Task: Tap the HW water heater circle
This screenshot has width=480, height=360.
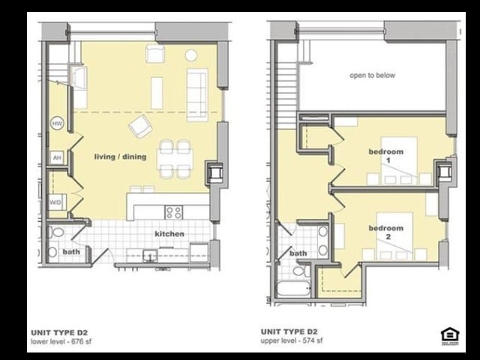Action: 57,123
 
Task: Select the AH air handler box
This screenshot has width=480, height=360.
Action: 56,157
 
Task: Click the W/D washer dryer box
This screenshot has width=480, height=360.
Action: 55,202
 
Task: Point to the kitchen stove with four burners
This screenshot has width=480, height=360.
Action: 174,211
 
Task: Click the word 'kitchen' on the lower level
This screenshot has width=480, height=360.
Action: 169,234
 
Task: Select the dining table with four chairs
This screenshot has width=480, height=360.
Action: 174,158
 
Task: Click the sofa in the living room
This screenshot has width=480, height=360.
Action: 197,94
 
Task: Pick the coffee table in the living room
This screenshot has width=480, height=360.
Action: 157,93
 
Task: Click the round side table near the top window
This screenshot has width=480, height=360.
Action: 191,55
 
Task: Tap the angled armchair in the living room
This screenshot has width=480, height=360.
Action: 140,126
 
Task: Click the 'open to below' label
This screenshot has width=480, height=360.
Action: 372,76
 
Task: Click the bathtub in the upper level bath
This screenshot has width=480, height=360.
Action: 293,288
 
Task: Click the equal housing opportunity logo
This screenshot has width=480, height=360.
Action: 449,334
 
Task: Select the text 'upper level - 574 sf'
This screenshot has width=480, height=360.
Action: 292,340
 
